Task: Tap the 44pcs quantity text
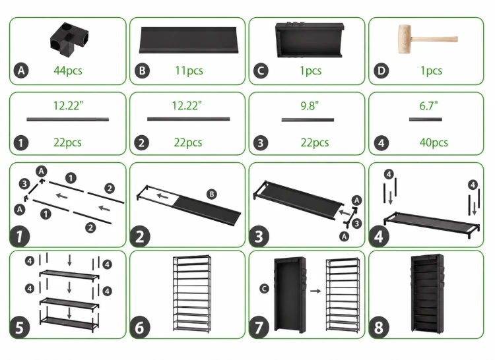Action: (x=68, y=71)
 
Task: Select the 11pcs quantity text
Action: (x=189, y=71)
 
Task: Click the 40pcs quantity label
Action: (x=434, y=142)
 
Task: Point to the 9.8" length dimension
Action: (x=310, y=106)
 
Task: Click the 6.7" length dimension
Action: (x=428, y=106)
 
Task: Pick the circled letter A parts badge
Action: (x=21, y=71)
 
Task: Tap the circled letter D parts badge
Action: (x=381, y=71)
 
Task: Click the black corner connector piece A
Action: (x=69, y=40)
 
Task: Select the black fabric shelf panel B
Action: (x=189, y=40)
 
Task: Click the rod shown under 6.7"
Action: (x=426, y=119)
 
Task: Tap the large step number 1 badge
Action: (x=20, y=237)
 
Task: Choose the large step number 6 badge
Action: (x=140, y=328)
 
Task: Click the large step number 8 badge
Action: (x=379, y=328)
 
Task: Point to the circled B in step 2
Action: (x=212, y=195)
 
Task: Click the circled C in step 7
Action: (x=264, y=288)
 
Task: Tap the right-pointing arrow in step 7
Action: (x=315, y=291)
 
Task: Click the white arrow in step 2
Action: (x=162, y=196)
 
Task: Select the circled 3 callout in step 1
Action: (x=24, y=184)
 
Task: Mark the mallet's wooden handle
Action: (x=434, y=40)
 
